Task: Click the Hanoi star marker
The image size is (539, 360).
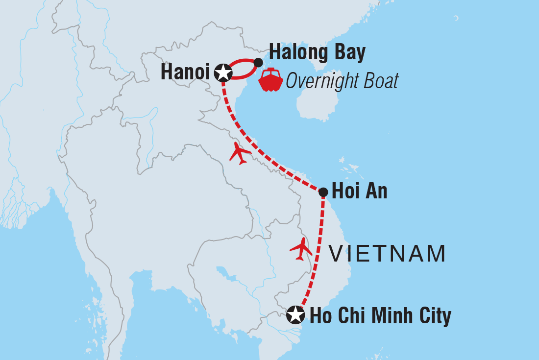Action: (x=223, y=72)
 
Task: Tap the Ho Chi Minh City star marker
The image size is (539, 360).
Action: (x=295, y=314)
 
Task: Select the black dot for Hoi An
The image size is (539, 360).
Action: (x=323, y=192)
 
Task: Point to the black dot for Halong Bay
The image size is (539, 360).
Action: (x=258, y=62)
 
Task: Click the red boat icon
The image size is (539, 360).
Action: (x=271, y=81)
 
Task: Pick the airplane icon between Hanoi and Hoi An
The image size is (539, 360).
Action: (x=240, y=153)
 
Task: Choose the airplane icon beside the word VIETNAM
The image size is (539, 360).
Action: (x=301, y=249)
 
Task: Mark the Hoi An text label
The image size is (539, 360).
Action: (x=359, y=192)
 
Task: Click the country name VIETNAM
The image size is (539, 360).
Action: (x=387, y=254)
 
